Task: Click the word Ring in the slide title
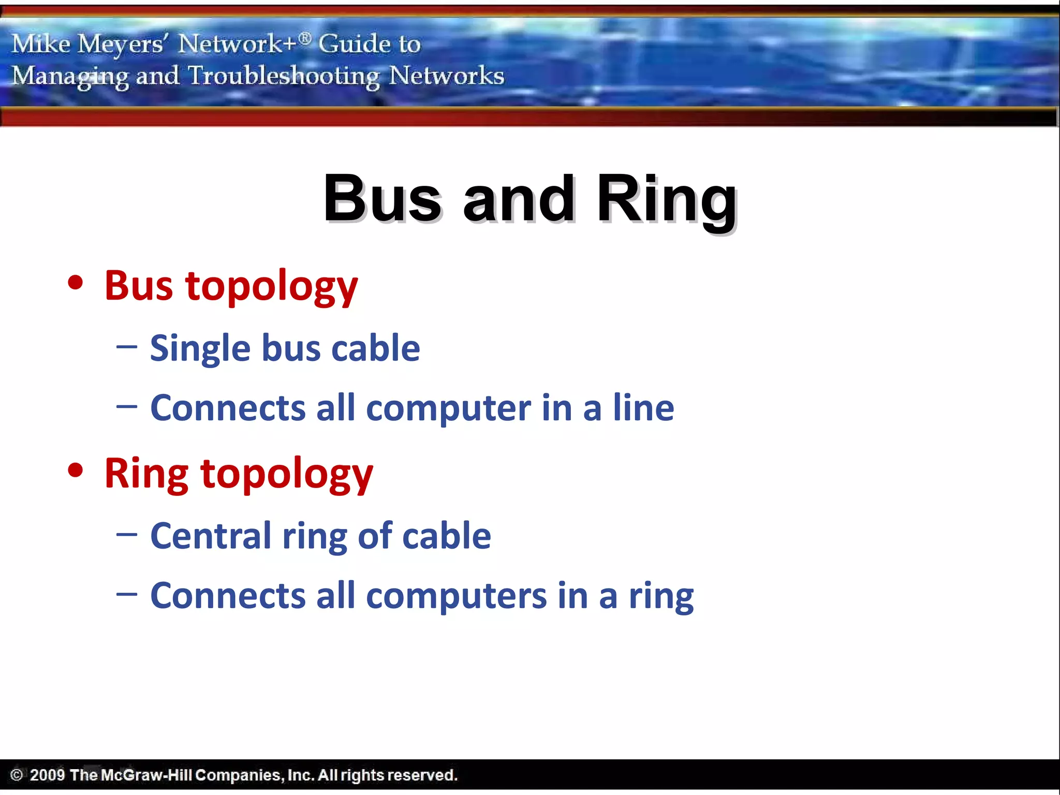click(667, 199)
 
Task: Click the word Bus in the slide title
click(382, 199)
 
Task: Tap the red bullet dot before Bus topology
click(76, 283)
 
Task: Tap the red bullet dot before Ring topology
click(76, 470)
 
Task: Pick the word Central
click(211, 536)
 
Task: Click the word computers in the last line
click(456, 596)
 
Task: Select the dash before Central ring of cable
click(127, 535)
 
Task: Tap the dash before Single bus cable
click(127, 347)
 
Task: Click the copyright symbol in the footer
click(17, 775)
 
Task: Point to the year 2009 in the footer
click(47, 775)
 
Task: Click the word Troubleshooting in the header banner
click(284, 76)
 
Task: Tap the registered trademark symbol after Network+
click(305, 38)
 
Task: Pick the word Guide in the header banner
click(354, 43)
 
